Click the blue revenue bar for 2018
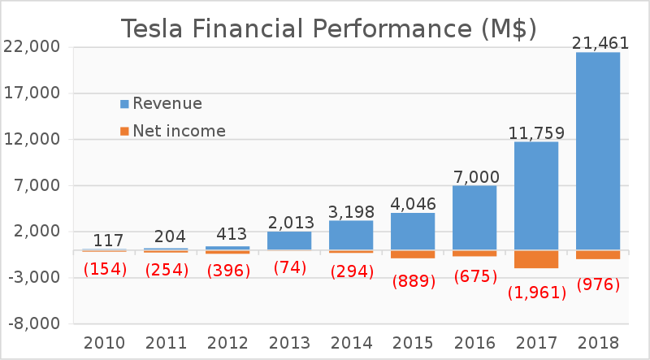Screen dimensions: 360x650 pyautogui.click(x=597, y=150)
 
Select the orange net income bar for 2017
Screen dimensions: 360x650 pyautogui.click(x=535, y=259)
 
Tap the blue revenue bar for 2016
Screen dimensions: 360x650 pyautogui.click(x=474, y=217)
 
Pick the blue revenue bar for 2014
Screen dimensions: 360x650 pyautogui.click(x=350, y=235)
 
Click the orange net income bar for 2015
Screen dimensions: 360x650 pyautogui.click(x=412, y=254)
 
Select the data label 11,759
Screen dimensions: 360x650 pyautogui.click(x=536, y=132)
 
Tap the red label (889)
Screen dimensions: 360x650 pyautogui.click(x=414, y=282)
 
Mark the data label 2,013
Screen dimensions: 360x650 pyautogui.click(x=290, y=222)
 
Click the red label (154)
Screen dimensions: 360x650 pyautogui.click(x=105, y=269)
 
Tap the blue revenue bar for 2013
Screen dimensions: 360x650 pyautogui.click(x=288, y=241)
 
